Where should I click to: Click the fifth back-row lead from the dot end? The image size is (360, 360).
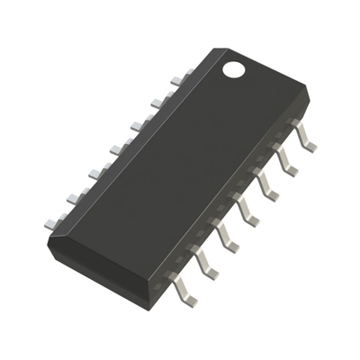tap(96, 169)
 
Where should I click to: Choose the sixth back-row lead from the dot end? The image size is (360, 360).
tap(74, 194)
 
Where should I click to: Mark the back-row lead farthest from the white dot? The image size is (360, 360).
tap(52, 219)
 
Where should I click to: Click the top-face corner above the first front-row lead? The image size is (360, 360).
tap(306, 90)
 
